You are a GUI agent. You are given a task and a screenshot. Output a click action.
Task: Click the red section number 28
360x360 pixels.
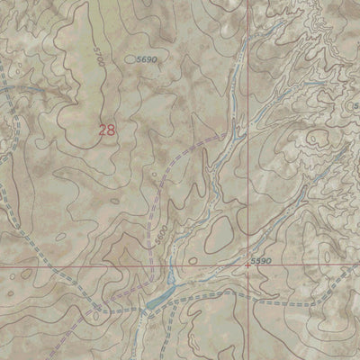pos(107,130)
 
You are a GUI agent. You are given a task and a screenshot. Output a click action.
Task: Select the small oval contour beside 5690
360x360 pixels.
pos(131,59)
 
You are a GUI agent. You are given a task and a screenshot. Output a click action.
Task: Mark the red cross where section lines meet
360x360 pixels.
pos(248,265)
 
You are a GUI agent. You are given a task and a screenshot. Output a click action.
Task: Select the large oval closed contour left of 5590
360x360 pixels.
pos(219,237)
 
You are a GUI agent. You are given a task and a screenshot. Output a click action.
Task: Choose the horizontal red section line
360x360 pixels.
pos(90,266)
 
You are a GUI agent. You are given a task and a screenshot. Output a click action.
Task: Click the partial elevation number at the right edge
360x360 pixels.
pos(355,107)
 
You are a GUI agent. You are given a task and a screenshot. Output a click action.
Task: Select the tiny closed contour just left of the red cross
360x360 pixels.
pos(237,263)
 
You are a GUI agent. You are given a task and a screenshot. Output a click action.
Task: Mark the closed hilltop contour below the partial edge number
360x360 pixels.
pos(317,138)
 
